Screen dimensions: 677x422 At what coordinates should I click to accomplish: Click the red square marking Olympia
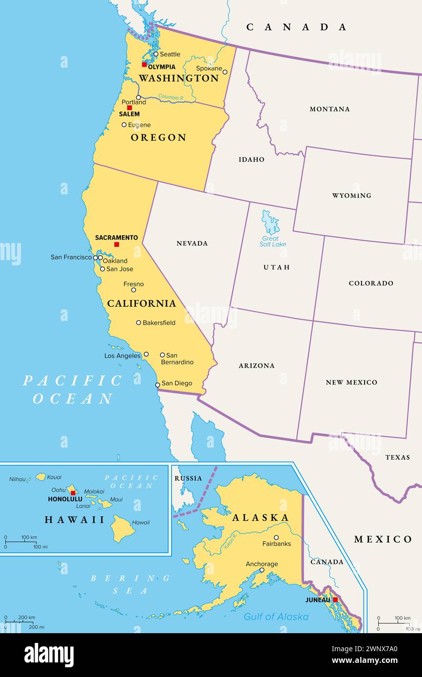point(144,64)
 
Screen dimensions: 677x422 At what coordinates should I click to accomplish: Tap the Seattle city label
point(170,54)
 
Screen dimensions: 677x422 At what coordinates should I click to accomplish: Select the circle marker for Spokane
point(225,72)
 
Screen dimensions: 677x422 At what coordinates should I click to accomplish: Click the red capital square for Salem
point(130,108)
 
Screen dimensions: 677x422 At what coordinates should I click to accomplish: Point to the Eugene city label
point(139,125)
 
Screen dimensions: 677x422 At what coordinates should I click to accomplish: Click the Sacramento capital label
point(116,238)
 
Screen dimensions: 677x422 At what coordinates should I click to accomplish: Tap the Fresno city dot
point(134,290)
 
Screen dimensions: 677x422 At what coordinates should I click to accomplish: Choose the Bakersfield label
point(159,322)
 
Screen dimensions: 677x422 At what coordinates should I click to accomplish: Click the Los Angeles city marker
point(146,354)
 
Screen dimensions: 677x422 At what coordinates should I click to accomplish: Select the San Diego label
point(177,383)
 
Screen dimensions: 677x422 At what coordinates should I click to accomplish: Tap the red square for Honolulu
point(73,493)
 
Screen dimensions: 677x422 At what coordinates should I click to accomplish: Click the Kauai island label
point(54,477)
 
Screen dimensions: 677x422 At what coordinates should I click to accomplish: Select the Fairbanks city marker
point(276,538)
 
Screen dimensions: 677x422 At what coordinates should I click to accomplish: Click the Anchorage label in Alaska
point(262,564)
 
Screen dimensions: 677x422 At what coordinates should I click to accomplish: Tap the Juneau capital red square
point(335,600)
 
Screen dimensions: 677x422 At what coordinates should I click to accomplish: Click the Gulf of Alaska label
point(276,617)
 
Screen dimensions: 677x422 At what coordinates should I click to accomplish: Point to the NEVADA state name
point(192,243)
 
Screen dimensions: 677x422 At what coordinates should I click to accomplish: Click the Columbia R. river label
point(171,97)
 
